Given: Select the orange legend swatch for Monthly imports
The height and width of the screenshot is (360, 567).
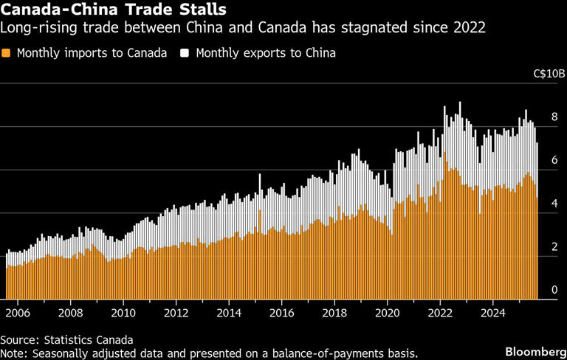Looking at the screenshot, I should (7, 54).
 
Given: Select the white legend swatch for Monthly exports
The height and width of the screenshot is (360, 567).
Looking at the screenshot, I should (186, 54).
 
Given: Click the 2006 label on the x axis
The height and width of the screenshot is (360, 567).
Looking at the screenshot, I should (18, 312).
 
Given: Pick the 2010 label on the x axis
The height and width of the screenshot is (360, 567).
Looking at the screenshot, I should (123, 312).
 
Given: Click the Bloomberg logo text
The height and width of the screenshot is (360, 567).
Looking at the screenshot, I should (530, 347).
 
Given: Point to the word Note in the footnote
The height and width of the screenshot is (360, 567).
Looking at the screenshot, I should (14, 353).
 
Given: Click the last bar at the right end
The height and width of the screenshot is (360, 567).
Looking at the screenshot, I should (537, 221).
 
